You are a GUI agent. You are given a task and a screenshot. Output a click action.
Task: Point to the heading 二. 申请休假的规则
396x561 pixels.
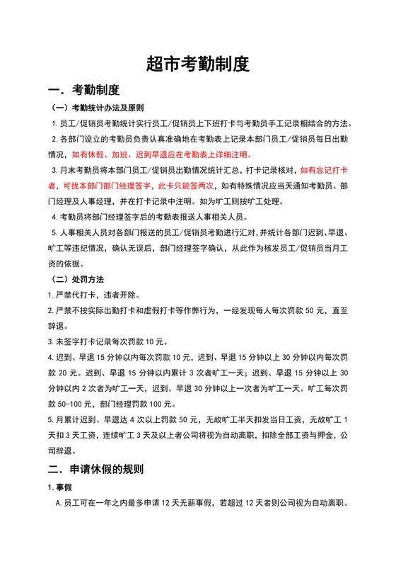(x=95, y=469)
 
